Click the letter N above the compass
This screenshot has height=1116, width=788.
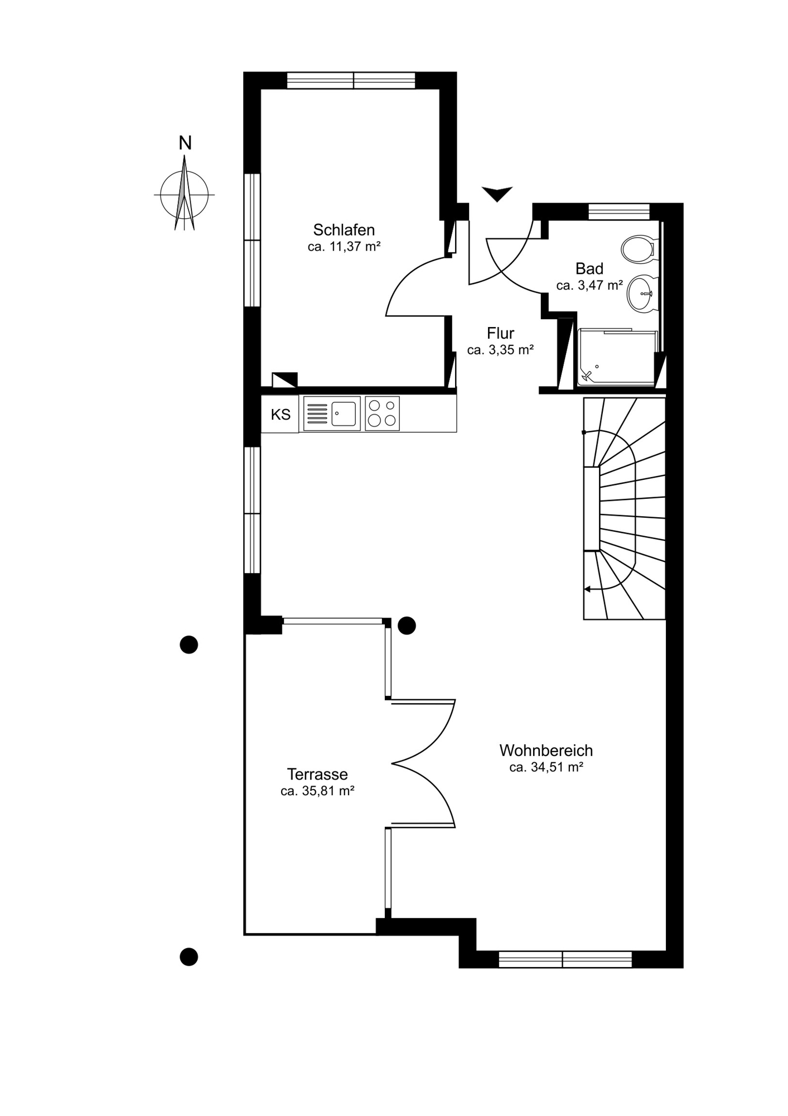185,143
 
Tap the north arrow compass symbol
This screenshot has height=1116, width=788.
184,193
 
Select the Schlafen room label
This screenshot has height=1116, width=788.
344,230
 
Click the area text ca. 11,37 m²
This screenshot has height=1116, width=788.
344,246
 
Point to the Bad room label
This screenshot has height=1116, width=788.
589,268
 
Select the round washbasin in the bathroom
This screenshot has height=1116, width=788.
642,294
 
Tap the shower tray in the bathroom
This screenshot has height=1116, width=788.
617,357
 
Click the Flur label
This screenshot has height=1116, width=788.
500,333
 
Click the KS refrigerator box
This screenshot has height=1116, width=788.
281,414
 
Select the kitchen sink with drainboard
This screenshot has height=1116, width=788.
332,413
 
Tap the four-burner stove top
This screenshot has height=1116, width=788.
383,413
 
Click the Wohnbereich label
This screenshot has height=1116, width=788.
546,751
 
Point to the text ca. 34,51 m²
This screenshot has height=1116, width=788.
546,767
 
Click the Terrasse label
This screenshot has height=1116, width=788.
317,775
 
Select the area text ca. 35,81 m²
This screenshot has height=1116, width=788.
317,791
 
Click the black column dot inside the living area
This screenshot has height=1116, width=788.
407,626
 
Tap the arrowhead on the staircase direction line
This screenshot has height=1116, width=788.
587,589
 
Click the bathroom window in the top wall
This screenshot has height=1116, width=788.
619,211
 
